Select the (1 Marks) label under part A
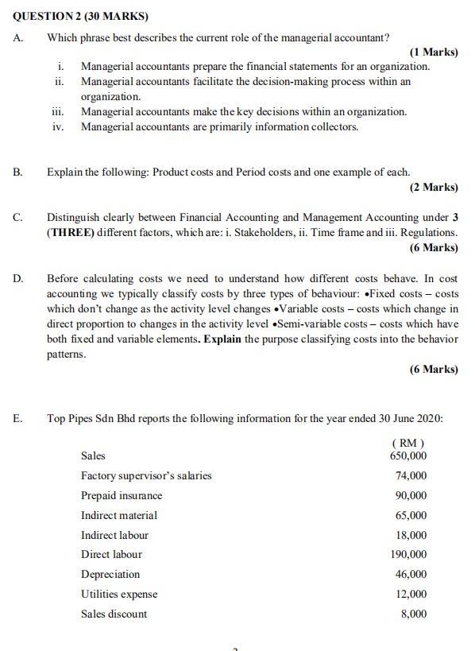434,52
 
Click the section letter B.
17,172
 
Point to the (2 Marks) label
434,188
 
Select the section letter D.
17,278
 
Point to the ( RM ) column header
408,443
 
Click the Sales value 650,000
408,456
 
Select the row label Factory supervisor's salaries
146,476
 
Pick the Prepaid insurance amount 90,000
411,496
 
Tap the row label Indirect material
119,516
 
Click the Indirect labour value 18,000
411,535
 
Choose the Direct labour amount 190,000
408,555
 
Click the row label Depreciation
110,575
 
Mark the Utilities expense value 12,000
411,595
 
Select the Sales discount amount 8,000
414,614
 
